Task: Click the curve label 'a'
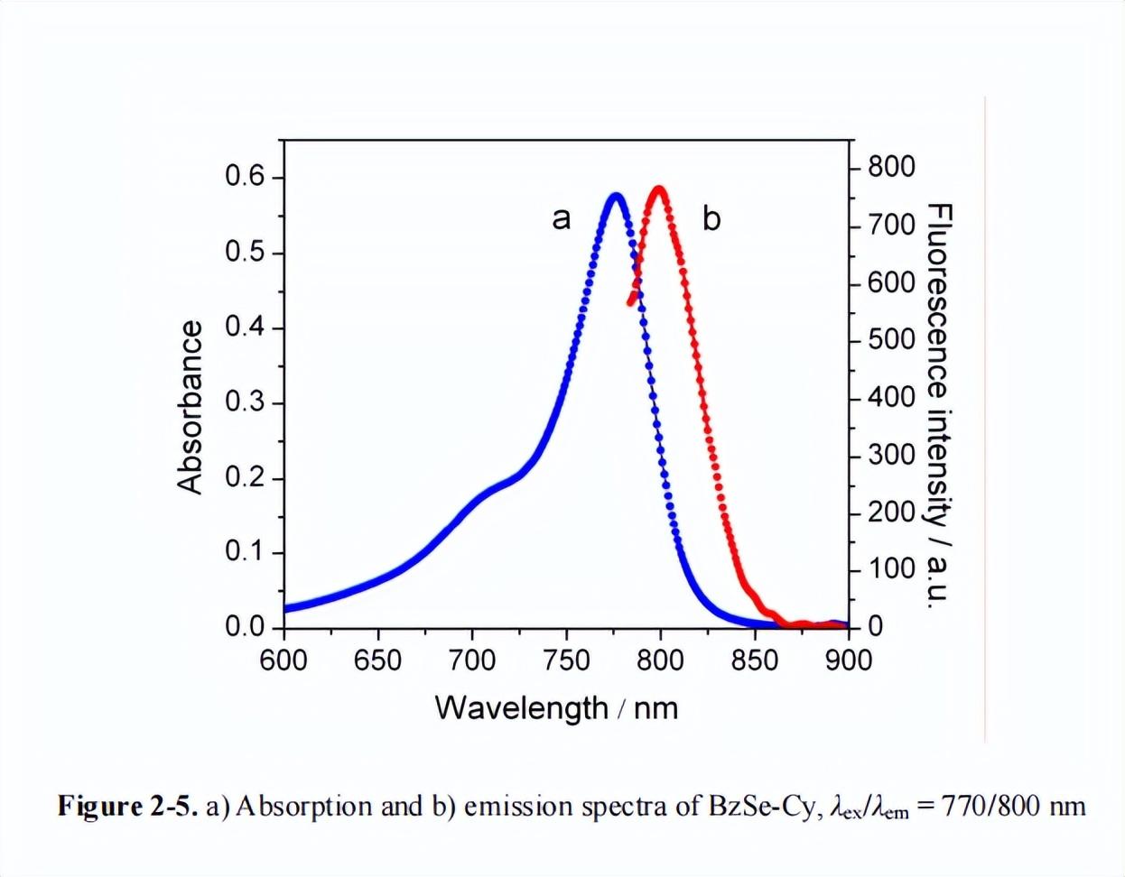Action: (562, 218)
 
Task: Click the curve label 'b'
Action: (711, 218)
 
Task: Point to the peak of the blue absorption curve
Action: (616, 195)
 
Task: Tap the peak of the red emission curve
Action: (659, 189)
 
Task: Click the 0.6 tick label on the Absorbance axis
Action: (246, 177)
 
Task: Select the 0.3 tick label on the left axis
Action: (246, 402)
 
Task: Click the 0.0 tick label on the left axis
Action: (246, 626)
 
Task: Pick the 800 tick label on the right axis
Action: (891, 167)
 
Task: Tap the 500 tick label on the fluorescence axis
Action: (891, 340)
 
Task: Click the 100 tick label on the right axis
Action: (891, 569)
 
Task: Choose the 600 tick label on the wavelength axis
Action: (284, 660)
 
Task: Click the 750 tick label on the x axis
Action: (566, 660)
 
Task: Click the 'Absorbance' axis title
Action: (191, 407)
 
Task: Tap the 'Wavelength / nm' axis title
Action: (556, 707)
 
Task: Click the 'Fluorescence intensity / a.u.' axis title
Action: (939, 405)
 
